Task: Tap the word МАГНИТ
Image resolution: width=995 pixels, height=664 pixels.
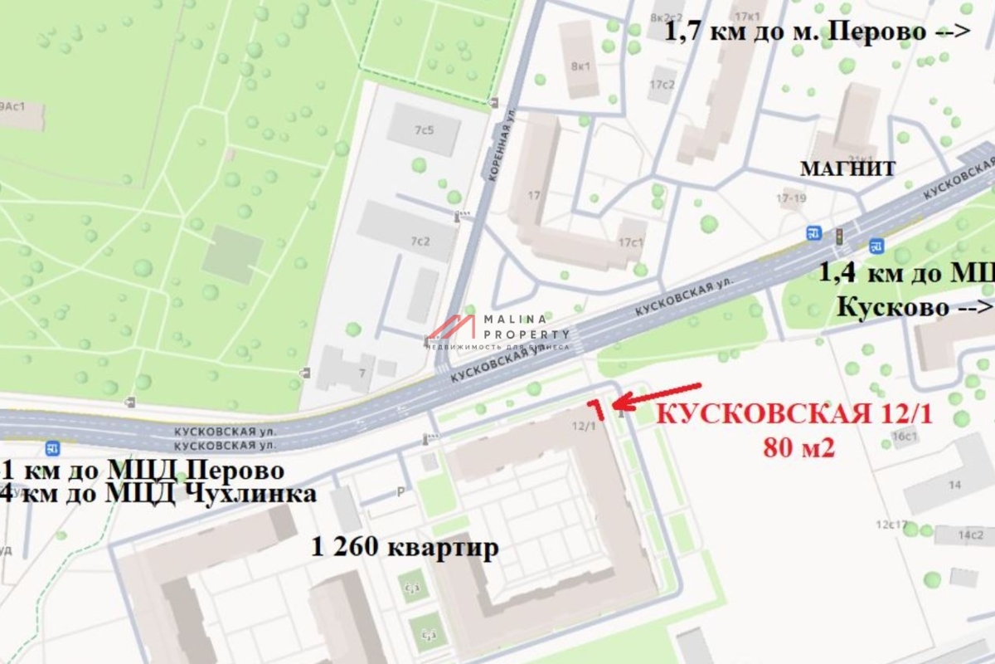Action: (x=847, y=169)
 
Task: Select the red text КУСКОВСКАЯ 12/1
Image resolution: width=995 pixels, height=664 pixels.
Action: (x=794, y=414)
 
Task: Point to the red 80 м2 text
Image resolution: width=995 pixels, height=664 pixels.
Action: (x=798, y=448)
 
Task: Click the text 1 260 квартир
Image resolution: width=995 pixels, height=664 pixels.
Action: (x=405, y=548)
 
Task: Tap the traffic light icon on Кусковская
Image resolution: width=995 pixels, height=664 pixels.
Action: (x=838, y=236)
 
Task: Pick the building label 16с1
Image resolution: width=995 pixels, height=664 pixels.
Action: (x=904, y=437)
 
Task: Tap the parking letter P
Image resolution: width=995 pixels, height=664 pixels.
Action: (x=400, y=492)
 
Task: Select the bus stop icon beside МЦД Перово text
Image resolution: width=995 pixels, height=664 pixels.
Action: (x=54, y=448)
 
